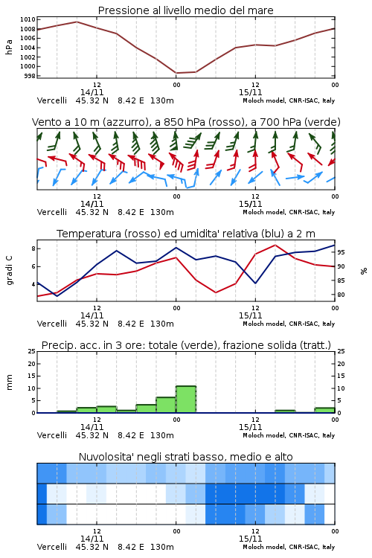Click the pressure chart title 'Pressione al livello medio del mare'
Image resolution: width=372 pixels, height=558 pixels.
pos(185,10)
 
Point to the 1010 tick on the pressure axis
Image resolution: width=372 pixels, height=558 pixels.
pos(28,19)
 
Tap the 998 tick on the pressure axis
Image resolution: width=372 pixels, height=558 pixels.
pos(30,76)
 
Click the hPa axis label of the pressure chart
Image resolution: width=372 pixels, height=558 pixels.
pos(9,47)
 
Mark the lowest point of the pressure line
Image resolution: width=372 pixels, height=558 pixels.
pos(176,73)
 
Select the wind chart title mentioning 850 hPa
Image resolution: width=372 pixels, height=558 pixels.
pos(186,122)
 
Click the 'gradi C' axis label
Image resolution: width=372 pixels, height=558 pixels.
pos(10,271)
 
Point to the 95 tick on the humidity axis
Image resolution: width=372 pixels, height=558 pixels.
pos(341,252)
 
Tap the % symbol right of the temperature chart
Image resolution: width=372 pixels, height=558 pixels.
pos(364,271)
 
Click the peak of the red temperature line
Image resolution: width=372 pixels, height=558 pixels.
pos(275,245)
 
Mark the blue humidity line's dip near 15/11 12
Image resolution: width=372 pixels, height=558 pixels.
pos(255,283)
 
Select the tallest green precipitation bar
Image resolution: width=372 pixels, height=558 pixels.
pos(186,400)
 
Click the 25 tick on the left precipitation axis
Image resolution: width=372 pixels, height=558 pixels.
pos(31,351)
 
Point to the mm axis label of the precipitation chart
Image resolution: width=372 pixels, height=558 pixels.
pos(9,382)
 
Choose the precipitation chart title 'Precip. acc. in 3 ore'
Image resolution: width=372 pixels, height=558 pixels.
pos(186,345)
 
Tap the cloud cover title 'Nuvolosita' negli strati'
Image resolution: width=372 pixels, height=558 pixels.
pos(185,457)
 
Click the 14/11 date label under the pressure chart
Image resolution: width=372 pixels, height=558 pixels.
pos(92,92)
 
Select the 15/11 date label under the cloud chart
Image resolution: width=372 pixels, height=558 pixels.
pos(250,539)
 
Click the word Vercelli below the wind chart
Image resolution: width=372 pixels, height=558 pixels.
pos(52,212)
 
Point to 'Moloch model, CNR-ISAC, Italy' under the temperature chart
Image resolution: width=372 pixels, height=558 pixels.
pos(289,324)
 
